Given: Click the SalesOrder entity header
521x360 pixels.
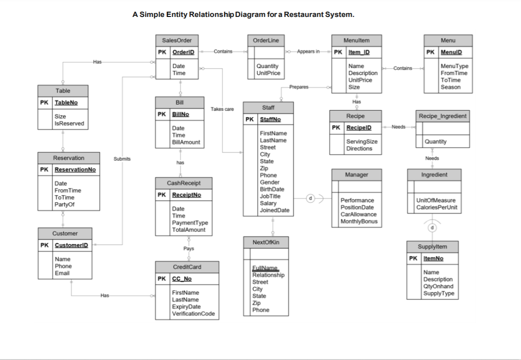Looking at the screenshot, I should pos(177,40).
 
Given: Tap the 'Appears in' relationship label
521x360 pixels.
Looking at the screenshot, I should pos(308,52).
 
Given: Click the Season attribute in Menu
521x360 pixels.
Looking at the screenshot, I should pos(450,87).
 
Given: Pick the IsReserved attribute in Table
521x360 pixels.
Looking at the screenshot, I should pos(69,123).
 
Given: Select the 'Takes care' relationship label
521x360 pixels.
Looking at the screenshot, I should pos(222,109).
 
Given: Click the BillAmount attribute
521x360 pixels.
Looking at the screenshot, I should pos(186,142).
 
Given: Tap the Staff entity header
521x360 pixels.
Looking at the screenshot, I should pos(268,107).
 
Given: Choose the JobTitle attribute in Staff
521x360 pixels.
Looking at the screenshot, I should pos(270,196).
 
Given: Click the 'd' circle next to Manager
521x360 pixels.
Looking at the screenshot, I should pos(310,198).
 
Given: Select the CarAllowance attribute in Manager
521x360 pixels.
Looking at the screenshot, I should pos(358,214).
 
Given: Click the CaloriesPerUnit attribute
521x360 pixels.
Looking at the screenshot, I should pos(436,207).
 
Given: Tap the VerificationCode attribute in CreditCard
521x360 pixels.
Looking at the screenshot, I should pos(193,314).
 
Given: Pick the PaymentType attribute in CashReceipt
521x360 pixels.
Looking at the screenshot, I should pos(190,223).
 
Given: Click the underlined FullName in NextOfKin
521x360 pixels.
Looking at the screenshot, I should pos(265,268).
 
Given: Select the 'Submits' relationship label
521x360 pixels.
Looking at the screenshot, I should pos(122,159).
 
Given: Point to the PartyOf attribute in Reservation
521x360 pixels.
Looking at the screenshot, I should pos(64,204).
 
